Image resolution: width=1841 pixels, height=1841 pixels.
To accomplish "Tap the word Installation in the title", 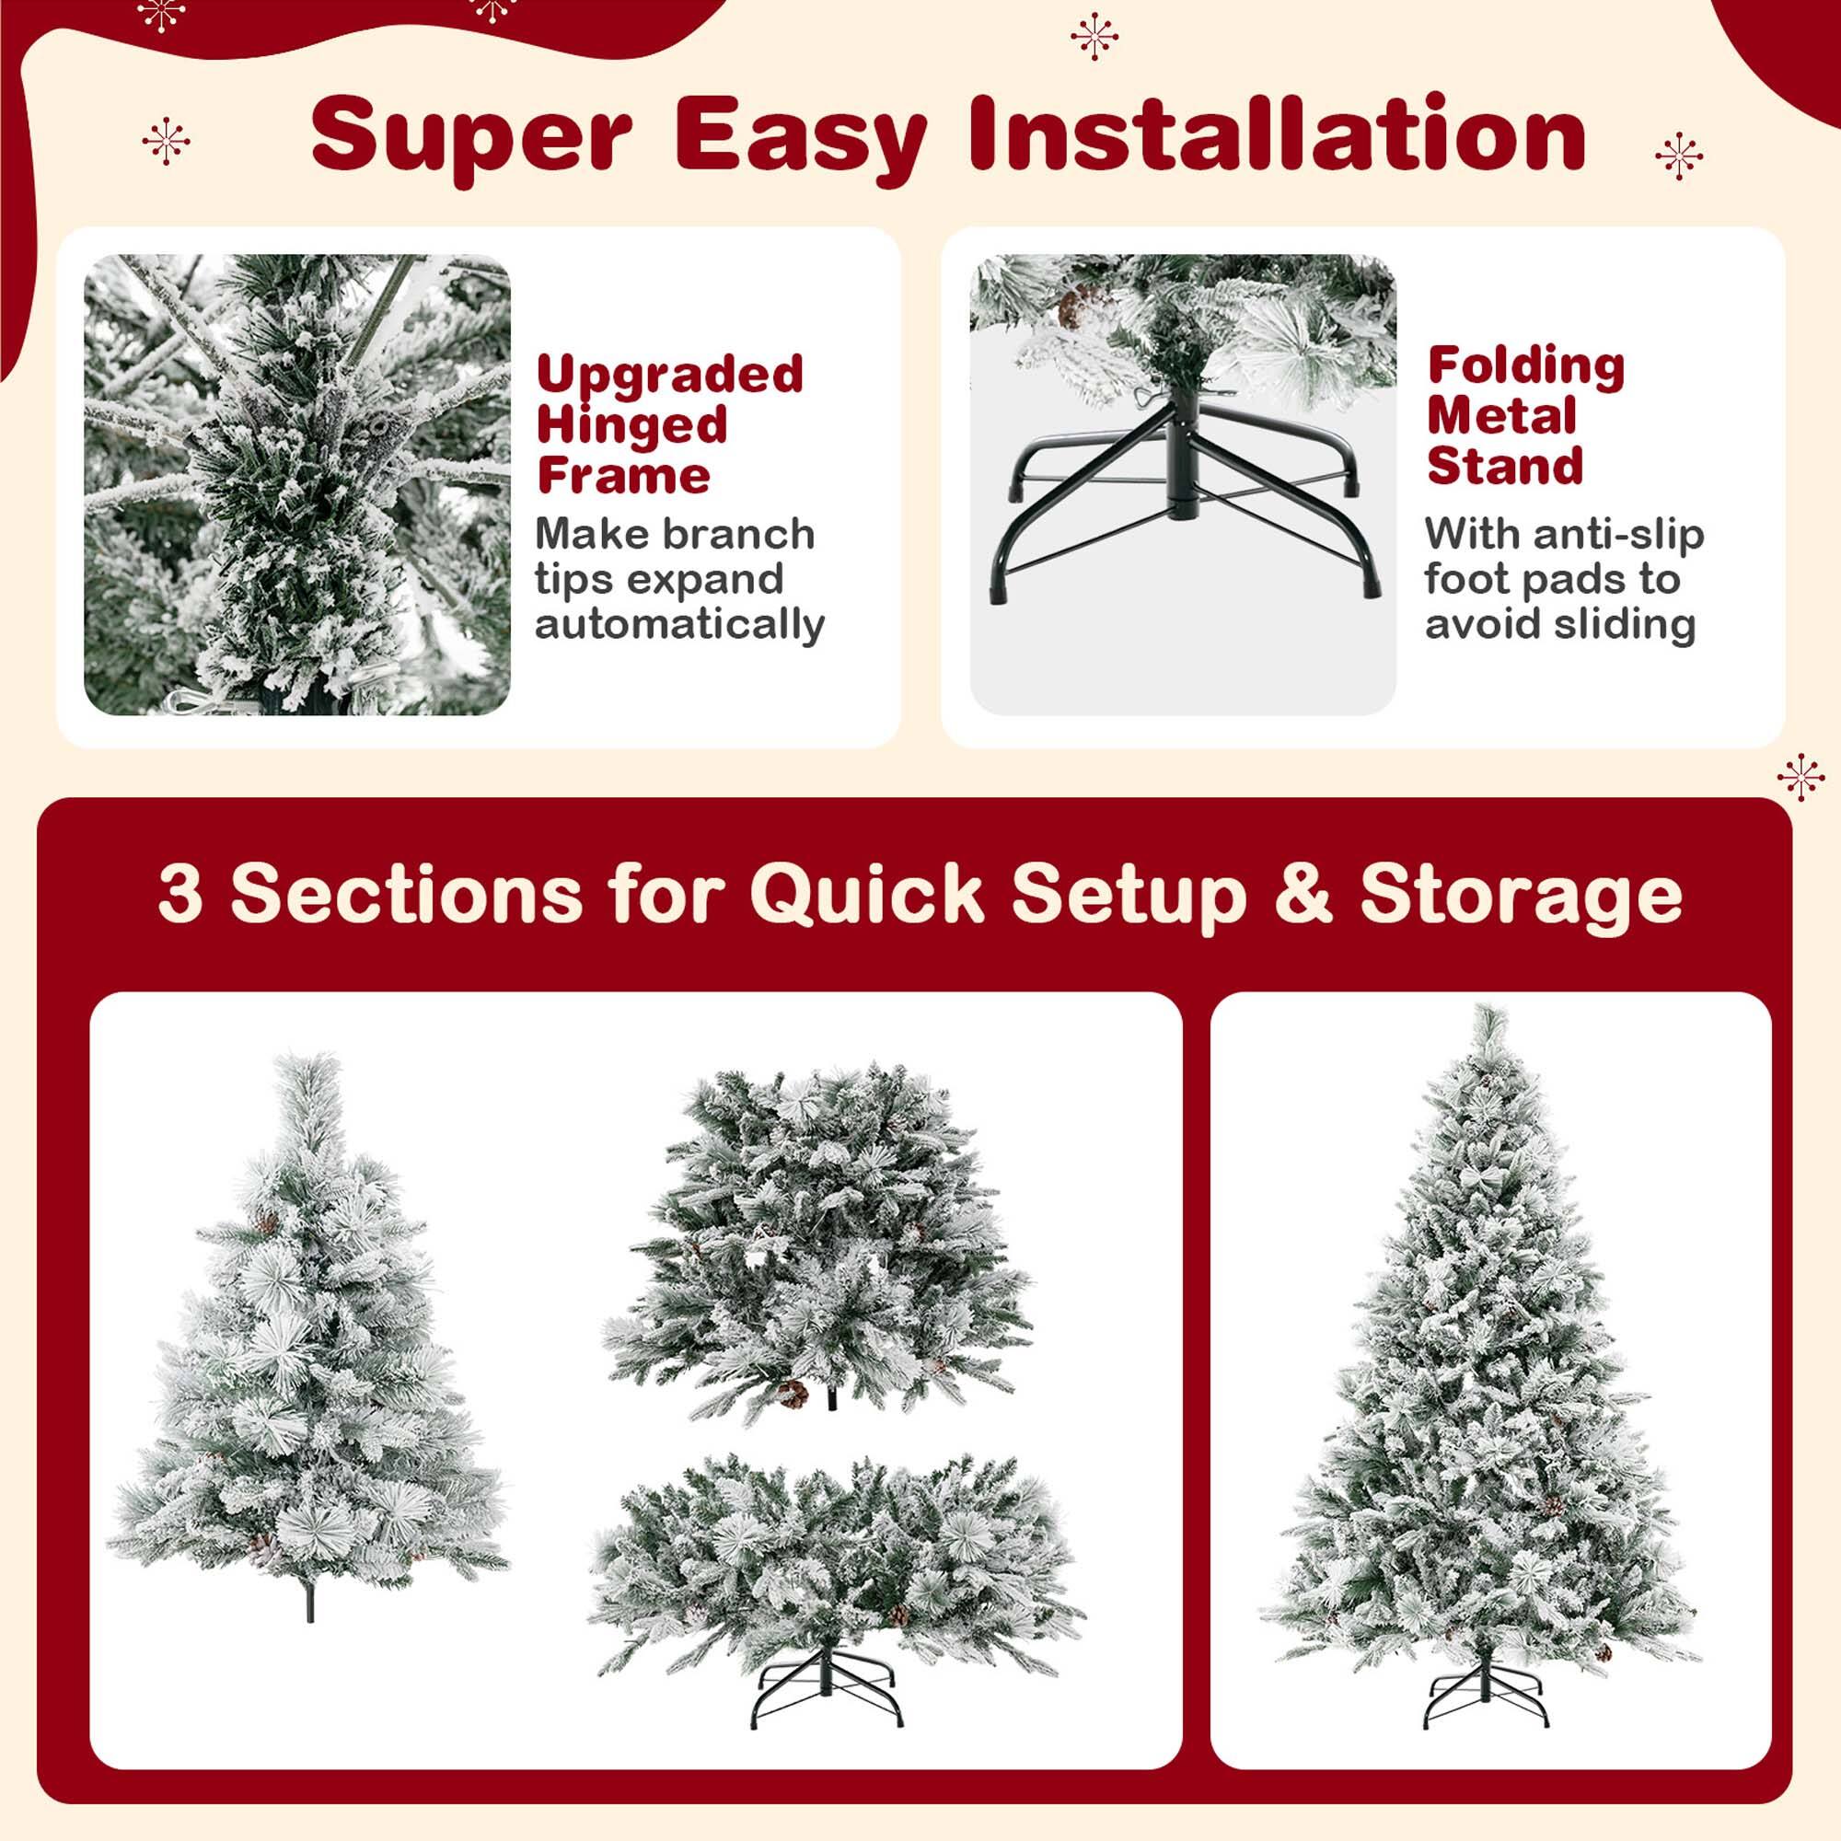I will [x=1277, y=133].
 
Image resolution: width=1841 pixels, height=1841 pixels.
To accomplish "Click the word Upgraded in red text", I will [x=670, y=374].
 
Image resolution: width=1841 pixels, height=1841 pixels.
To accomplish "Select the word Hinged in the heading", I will [x=631, y=425].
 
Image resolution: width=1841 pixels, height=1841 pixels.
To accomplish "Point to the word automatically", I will [x=679, y=625].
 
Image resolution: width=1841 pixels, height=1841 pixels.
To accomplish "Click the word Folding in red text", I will [x=1525, y=366].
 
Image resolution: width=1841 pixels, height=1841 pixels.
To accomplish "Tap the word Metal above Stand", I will [x=1500, y=416].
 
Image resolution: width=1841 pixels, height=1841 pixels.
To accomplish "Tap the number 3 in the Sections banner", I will [x=180, y=894].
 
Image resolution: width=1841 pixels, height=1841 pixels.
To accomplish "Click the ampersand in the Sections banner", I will [x=1303, y=894].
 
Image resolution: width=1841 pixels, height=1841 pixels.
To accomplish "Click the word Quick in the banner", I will [x=866, y=894].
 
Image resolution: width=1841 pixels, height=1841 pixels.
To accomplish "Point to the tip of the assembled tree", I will [x=1487, y=1018].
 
